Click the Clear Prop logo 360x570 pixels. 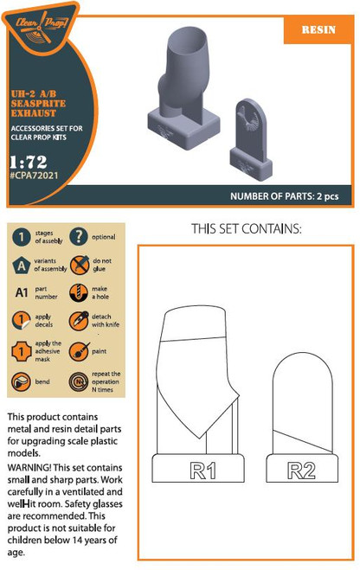[44, 23]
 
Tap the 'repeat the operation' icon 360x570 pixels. [79, 381]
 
